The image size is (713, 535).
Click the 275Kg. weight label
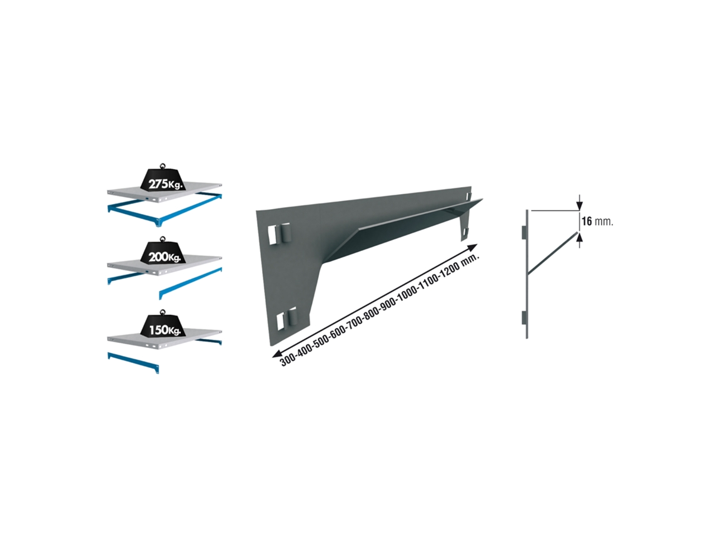164,184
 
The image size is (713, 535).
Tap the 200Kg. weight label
164,257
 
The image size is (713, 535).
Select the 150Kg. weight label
164,329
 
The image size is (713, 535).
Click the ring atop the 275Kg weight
163,166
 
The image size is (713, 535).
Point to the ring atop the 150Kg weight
163,312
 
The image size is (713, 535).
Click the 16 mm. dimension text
597,222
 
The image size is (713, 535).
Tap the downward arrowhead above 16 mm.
579,206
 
